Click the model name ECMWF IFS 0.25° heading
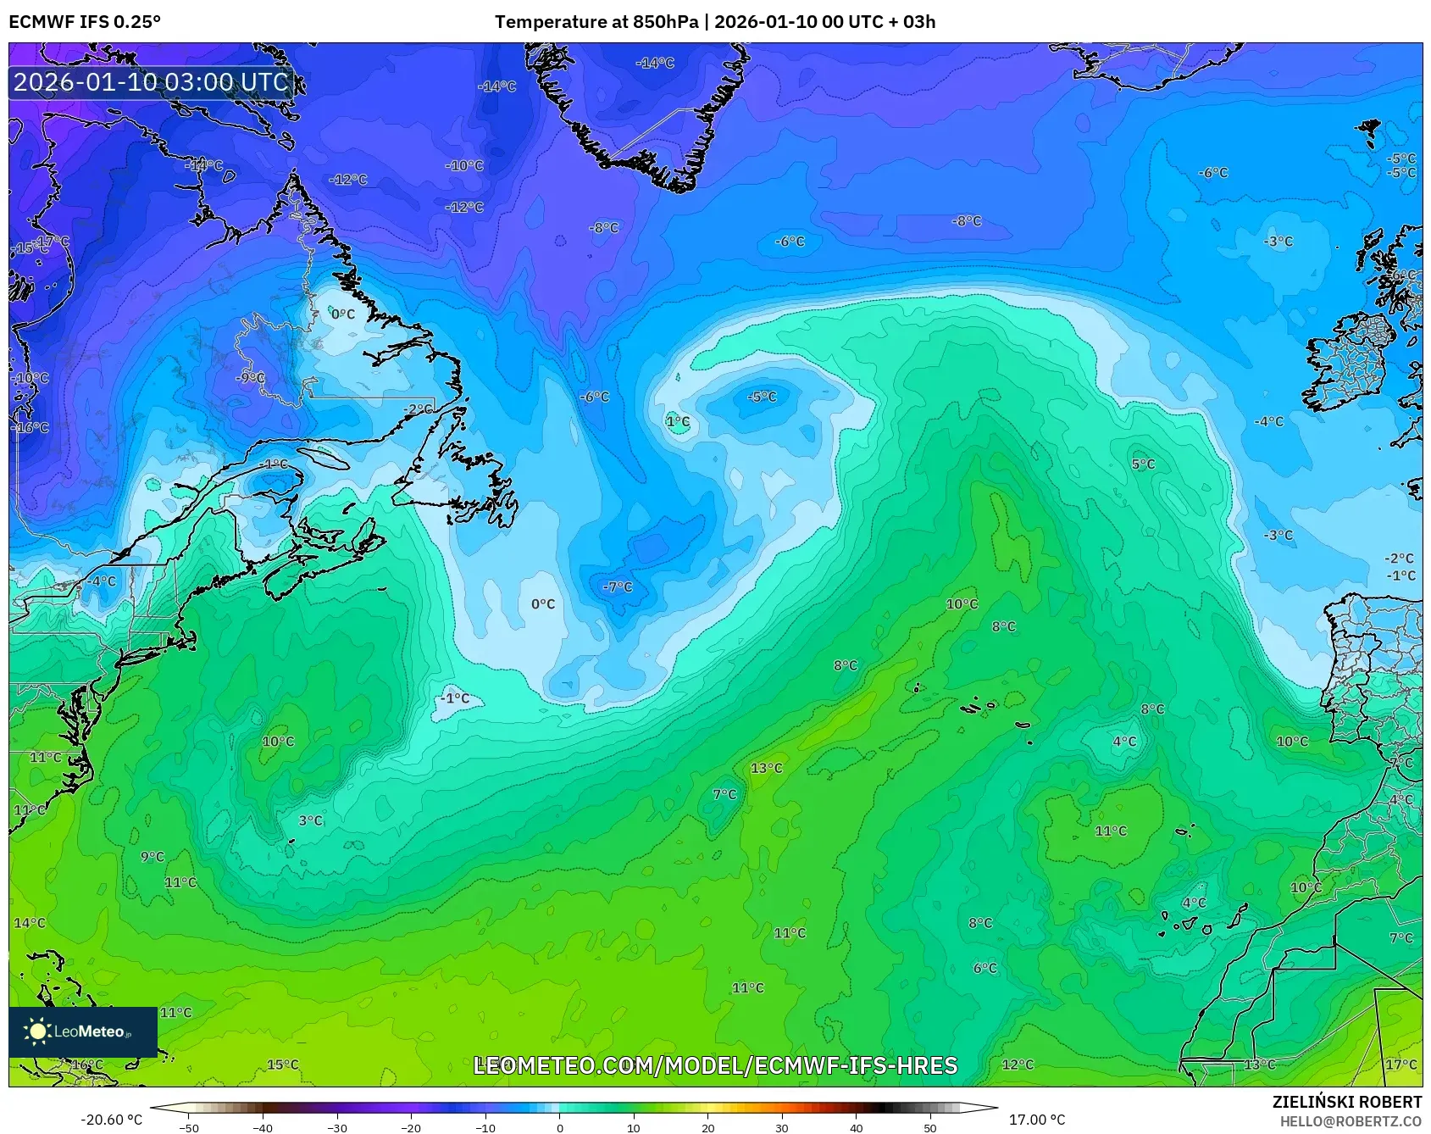click(x=85, y=21)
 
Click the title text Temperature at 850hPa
click(x=596, y=21)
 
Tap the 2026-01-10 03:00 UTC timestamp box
click(x=152, y=82)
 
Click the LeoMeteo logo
click(x=82, y=1031)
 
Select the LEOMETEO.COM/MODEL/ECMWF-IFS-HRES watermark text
click(x=715, y=1065)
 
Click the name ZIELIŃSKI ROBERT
click(x=1346, y=1102)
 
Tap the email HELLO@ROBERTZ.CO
click(x=1351, y=1121)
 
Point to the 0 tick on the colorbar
click(x=559, y=1127)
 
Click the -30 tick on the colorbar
click(x=337, y=1127)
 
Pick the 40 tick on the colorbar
click(x=856, y=1127)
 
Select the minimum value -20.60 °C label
click(x=111, y=1120)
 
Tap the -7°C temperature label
click(x=618, y=587)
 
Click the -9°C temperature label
click(x=251, y=377)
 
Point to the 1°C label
click(x=678, y=421)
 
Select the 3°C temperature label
click(x=311, y=820)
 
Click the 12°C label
click(x=1018, y=1065)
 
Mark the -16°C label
click(x=32, y=428)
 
